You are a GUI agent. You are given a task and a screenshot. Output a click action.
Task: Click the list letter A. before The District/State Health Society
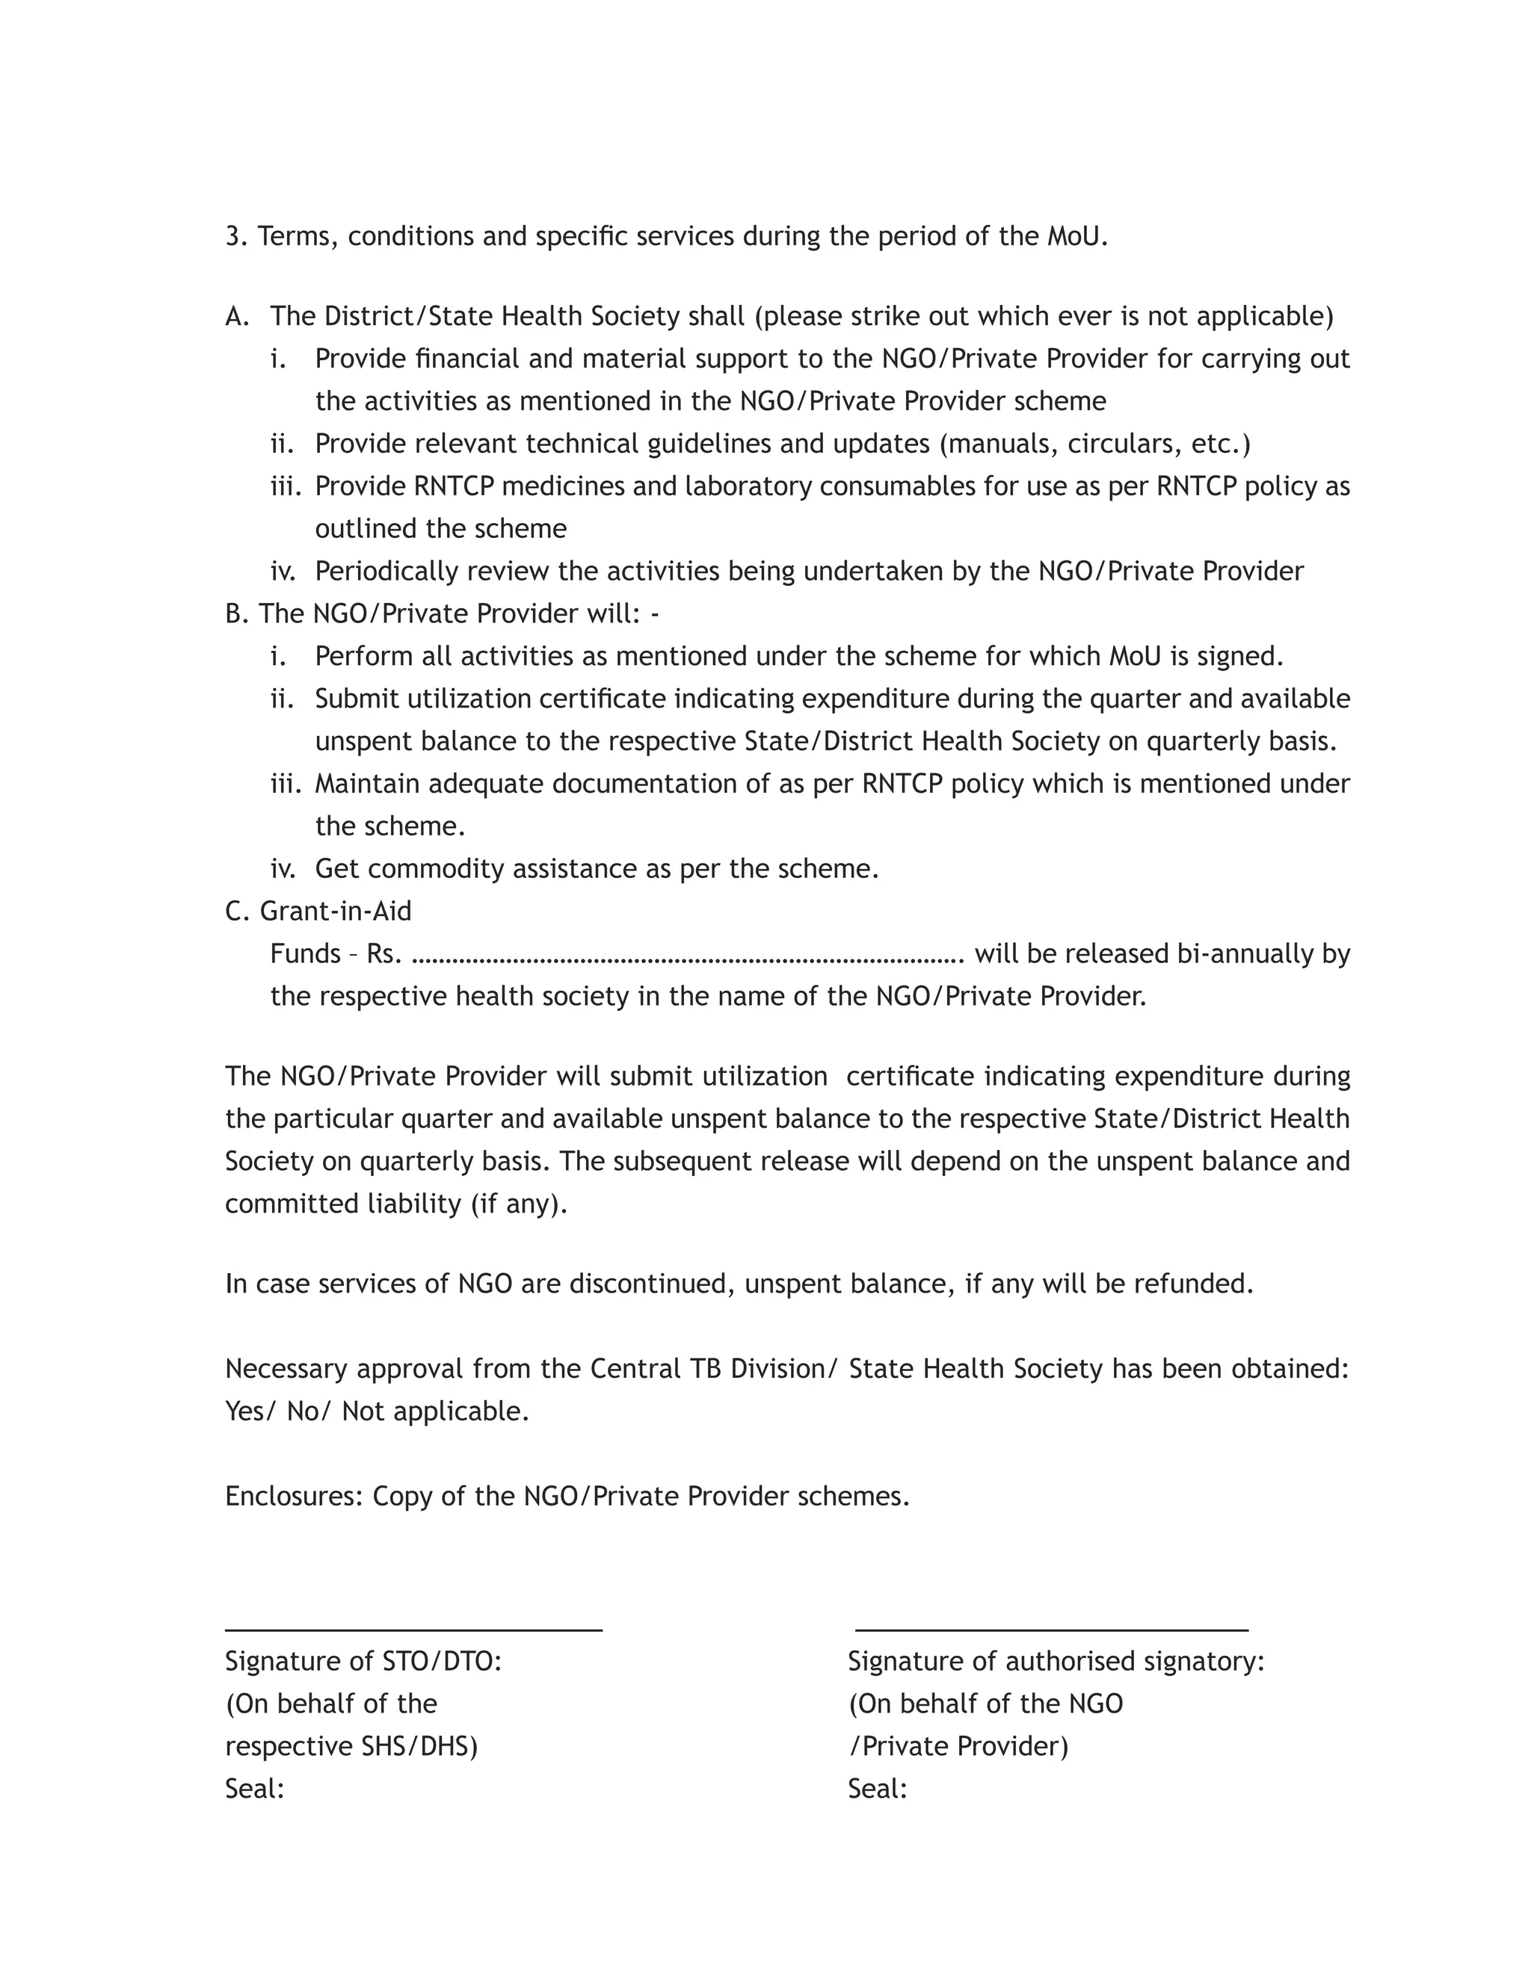[237, 316]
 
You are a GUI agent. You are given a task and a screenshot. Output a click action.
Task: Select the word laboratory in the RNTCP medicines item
[748, 487]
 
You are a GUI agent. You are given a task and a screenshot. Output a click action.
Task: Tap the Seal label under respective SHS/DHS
[254, 1789]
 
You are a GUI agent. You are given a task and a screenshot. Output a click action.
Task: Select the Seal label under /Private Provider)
[877, 1789]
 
